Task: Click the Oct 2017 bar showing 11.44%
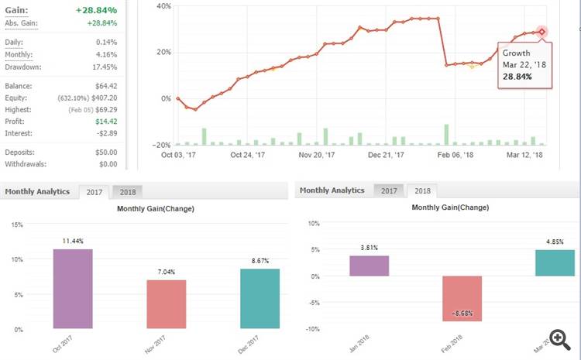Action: (x=72, y=288)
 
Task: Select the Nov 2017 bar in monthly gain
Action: (x=166, y=303)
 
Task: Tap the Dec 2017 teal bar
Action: (x=260, y=297)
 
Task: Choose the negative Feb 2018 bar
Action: (x=462, y=299)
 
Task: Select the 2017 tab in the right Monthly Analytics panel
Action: (x=389, y=190)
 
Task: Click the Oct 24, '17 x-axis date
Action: (x=248, y=155)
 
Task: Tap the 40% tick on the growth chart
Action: (x=163, y=6)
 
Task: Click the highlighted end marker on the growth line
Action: (x=542, y=32)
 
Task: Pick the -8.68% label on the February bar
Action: (x=462, y=314)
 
